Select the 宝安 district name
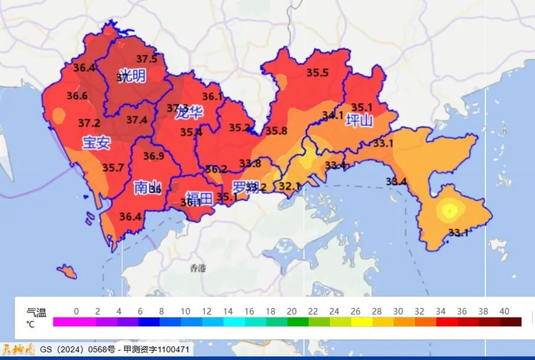pyautogui.click(x=97, y=142)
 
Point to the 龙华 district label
pyautogui.click(x=188, y=114)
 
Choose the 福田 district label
pyautogui.click(x=198, y=198)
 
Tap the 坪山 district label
pyautogui.click(x=359, y=121)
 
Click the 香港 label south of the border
pyautogui.click(x=199, y=268)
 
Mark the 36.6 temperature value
pyautogui.click(x=77, y=96)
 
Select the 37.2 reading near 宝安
pyautogui.click(x=89, y=123)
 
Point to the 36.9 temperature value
pyautogui.click(x=154, y=156)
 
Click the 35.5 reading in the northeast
pyautogui.click(x=317, y=73)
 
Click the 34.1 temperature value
pyautogui.click(x=332, y=116)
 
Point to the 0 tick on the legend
pyautogui.click(x=76, y=311)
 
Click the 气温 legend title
pyautogui.click(x=36, y=312)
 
